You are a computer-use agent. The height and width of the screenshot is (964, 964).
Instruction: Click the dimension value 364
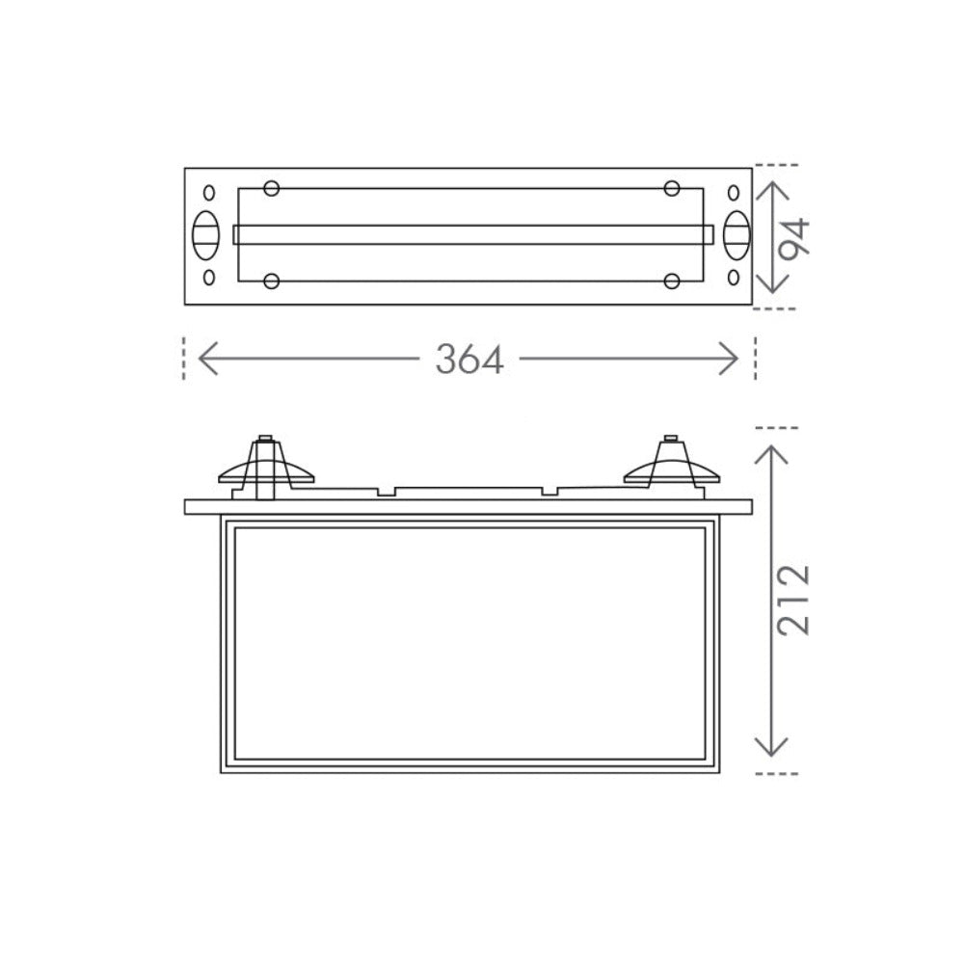point(469,360)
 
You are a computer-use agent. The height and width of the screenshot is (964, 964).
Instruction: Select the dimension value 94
point(795,238)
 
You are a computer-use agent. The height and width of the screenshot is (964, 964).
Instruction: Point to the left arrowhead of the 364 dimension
point(204,360)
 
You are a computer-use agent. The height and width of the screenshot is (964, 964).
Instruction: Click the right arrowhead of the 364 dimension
point(732,360)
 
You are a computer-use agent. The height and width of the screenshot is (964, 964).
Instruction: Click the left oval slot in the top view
point(206,234)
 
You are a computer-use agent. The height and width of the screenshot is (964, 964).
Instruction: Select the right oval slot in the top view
point(736,234)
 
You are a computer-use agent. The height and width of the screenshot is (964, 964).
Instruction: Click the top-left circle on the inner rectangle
point(271,188)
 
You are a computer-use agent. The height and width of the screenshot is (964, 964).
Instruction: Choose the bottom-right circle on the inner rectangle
point(673,281)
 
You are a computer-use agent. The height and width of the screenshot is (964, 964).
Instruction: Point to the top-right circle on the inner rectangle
point(673,188)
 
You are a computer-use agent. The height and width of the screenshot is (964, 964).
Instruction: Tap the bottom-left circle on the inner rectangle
point(271,281)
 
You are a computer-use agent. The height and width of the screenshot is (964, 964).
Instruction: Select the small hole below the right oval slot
point(734,279)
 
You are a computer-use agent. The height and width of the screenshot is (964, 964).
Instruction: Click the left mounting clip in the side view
point(265,468)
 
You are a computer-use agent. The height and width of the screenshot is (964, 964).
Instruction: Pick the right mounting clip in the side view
point(672,466)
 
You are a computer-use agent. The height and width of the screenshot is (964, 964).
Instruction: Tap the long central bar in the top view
point(472,235)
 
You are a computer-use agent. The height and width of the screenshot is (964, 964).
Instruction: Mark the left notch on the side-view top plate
point(386,493)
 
